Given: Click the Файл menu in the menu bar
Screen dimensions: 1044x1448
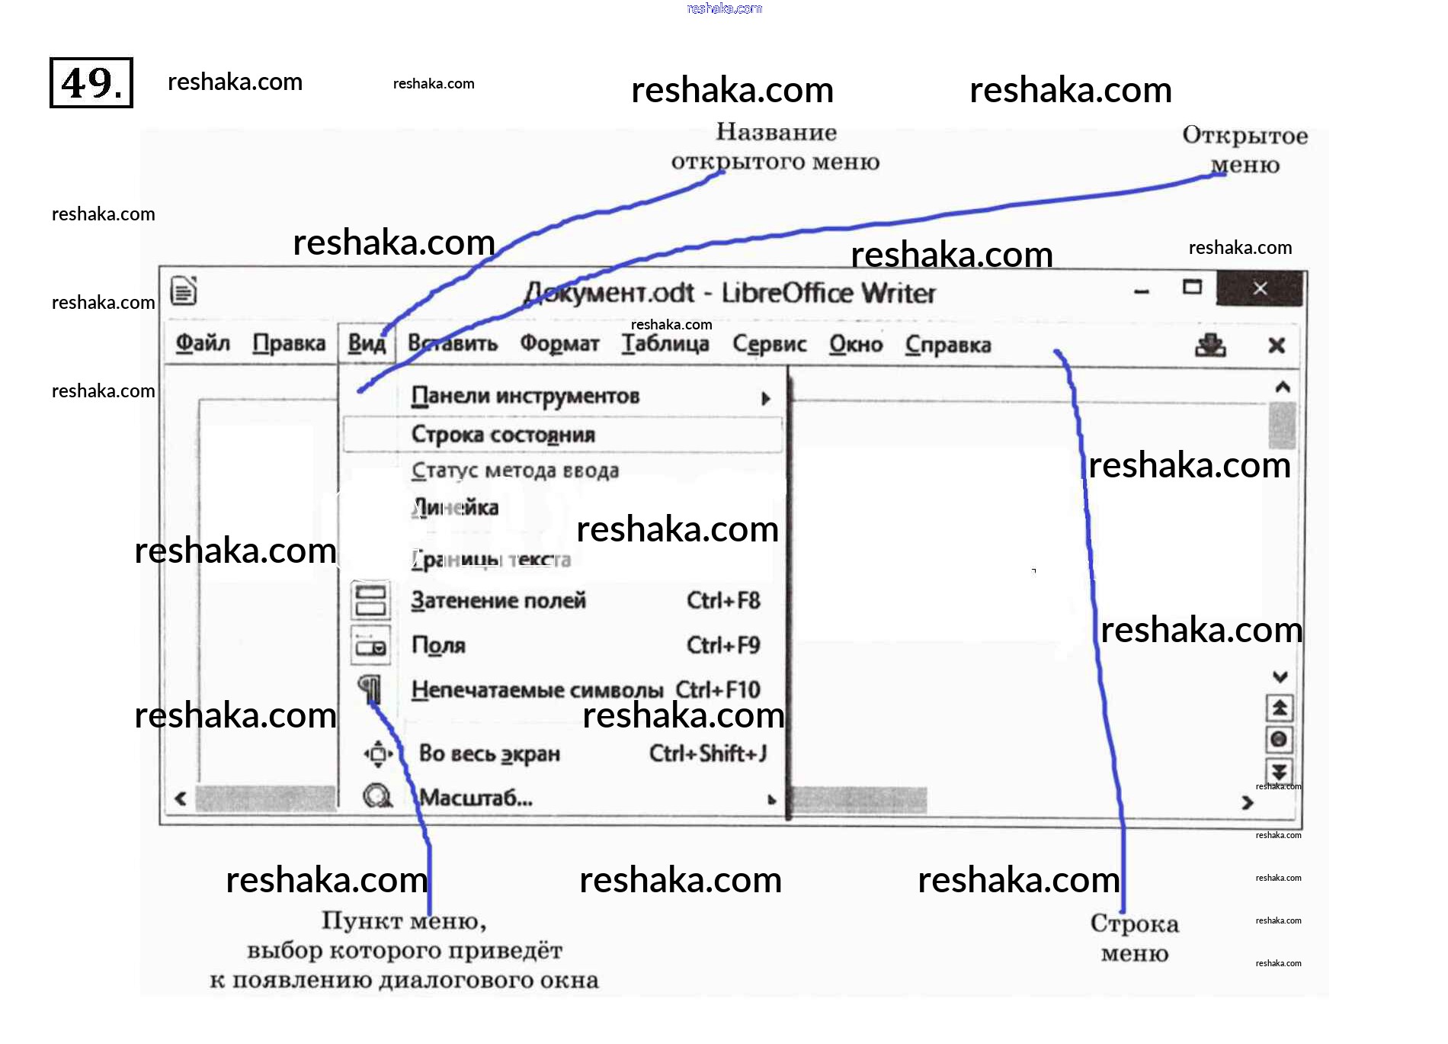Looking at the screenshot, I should [x=203, y=343].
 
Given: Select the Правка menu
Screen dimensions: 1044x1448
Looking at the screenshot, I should [x=289, y=343].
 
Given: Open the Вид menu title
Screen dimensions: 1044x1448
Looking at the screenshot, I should [x=367, y=343].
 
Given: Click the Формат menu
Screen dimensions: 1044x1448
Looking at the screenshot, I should [x=559, y=344].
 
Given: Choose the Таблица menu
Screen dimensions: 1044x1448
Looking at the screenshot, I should [x=665, y=344].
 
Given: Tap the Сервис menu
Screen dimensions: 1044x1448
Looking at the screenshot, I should [x=770, y=344].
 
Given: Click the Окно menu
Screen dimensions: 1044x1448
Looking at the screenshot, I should [x=856, y=345].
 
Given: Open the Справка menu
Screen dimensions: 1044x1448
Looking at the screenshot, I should [x=948, y=345].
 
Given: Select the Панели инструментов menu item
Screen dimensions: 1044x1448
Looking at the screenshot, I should [x=525, y=396].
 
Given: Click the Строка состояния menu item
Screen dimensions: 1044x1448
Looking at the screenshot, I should [x=503, y=435].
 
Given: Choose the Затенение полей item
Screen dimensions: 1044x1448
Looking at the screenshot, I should [x=498, y=601].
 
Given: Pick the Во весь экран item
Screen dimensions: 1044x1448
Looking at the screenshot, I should [x=489, y=754].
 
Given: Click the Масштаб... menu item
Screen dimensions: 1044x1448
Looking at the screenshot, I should [x=476, y=798].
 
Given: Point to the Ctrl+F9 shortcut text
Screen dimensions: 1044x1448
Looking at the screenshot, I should [x=723, y=646].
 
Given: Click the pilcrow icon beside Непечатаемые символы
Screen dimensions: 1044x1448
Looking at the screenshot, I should [x=370, y=689].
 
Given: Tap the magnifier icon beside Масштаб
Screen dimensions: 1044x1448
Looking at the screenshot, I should [x=376, y=797].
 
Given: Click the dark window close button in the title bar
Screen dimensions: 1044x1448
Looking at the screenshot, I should [x=1260, y=288].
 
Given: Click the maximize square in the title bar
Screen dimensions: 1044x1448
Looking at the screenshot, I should [x=1192, y=288].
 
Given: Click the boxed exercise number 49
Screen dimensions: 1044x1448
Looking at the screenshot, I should [x=91, y=82].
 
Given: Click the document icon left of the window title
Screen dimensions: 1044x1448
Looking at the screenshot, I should [x=184, y=291].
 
